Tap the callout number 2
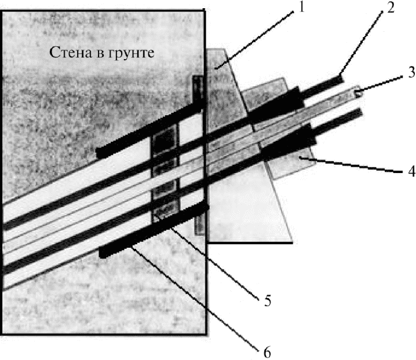[391, 8]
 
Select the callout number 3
[411, 72]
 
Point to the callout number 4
[411, 171]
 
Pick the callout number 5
[268, 301]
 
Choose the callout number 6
[267, 352]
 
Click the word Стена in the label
[70, 53]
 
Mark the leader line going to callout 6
[195, 299]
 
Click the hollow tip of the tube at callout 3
[357, 93]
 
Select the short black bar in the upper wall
[150, 129]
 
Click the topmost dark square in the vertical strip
[165, 141]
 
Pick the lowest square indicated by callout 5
[165, 210]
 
